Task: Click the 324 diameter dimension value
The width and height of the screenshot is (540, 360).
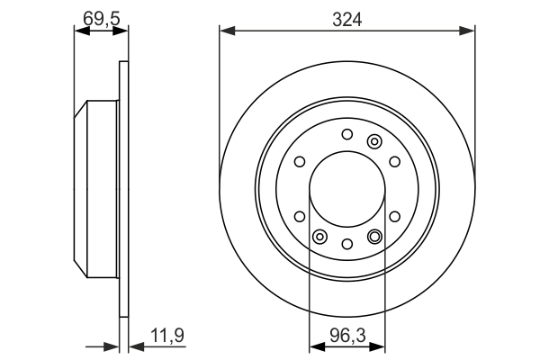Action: click(346, 18)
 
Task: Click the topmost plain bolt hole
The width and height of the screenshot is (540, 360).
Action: click(347, 135)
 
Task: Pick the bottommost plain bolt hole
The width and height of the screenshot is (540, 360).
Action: click(347, 244)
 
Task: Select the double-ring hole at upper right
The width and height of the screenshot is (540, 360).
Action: click(375, 140)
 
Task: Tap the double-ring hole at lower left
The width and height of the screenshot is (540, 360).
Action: click(319, 237)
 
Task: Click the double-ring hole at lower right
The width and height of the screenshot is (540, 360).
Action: click(375, 237)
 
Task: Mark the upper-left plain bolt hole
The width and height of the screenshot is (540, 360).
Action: click(300, 162)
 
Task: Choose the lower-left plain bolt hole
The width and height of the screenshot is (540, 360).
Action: click(300, 216)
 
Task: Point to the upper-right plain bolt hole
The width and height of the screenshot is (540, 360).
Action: click(395, 162)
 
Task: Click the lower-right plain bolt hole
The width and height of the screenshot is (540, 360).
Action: click(395, 216)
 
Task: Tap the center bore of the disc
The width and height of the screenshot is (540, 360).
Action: click(347, 189)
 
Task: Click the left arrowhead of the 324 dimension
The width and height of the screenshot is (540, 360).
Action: click(226, 31)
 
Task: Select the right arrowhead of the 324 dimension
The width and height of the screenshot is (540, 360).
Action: click(469, 31)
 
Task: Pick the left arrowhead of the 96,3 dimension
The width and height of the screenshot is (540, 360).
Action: click(315, 344)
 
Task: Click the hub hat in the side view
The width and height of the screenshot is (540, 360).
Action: click(96, 189)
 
